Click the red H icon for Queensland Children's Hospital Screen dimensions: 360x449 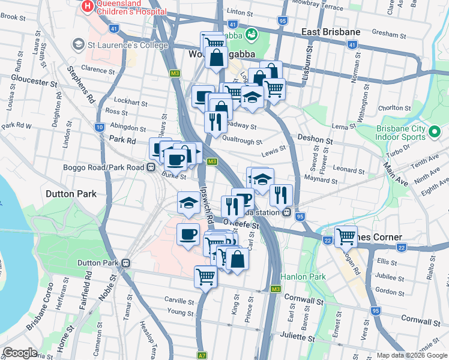pos(88,7)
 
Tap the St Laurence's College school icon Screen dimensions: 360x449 pos(77,44)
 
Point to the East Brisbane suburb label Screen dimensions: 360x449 pos(331,32)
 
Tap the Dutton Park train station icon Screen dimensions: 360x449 pos(126,263)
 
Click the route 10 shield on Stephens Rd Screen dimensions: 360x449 pos(99,127)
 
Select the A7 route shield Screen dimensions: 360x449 pos(202,355)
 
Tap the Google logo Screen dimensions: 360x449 pos(21,353)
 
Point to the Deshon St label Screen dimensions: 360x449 pos(315,139)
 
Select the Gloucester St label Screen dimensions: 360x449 pos(33,80)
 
